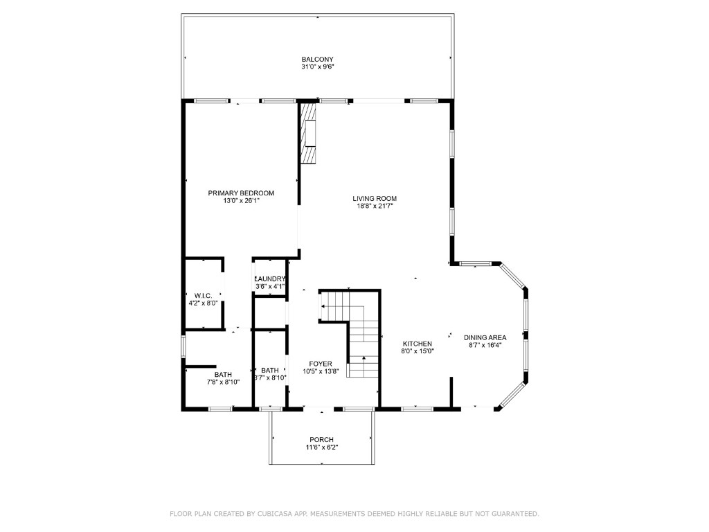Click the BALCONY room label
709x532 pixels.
[318, 59]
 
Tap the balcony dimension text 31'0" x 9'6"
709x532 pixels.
[318, 67]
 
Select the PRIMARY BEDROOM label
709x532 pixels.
[241, 193]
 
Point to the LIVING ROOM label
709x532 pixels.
[375, 198]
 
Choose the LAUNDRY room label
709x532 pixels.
[269, 278]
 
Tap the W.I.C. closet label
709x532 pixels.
[203, 295]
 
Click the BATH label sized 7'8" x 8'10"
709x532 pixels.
[223, 375]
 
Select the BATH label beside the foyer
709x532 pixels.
[269, 370]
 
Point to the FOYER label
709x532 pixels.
[321, 364]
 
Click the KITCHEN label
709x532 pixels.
[418, 344]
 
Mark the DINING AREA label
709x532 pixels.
[485, 337]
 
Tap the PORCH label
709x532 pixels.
[321, 439]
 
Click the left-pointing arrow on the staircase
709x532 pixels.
[323, 305]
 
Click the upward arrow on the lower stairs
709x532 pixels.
[363, 358]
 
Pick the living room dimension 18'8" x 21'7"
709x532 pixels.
[375, 206]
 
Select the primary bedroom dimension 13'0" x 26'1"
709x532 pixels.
[241, 201]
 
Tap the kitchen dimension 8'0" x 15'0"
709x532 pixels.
[418, 351]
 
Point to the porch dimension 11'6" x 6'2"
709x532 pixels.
[321, 447]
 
